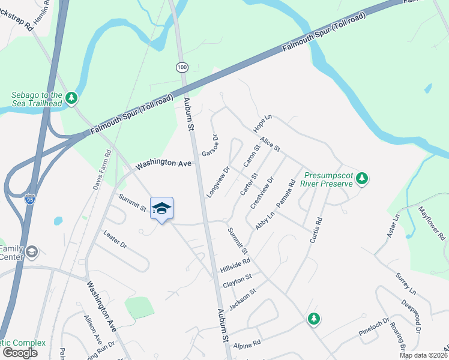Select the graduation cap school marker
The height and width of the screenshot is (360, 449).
[x=161, y=208]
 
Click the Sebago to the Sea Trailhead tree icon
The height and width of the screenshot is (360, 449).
[x=72, y=97]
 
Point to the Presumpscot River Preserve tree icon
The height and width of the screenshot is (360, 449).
[x=361, y=178]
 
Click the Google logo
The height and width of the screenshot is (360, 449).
[x=20, y=353]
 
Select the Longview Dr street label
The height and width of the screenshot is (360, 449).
[x=218, y=182]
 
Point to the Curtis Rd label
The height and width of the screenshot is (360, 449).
[x=317, y=229]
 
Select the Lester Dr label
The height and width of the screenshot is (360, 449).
[x=115, y=239]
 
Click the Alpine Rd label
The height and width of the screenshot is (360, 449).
[x=247, y=344]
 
